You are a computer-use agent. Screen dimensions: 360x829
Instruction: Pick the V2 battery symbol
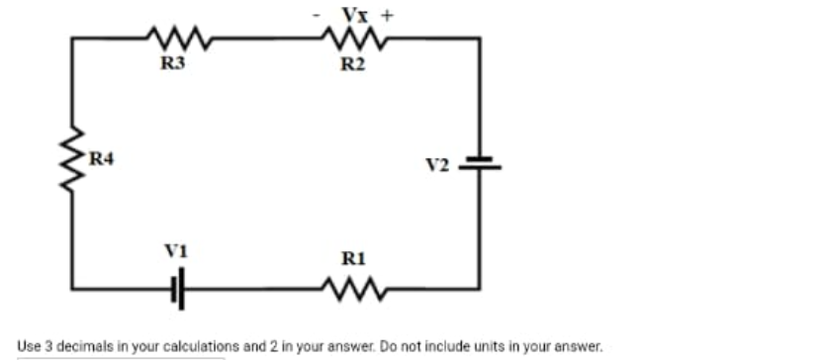[480, 163]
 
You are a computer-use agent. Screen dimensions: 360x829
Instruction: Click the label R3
[174, 65]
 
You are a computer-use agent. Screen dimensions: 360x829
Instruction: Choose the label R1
[353, 259]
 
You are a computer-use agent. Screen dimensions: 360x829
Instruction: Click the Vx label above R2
[353, 14]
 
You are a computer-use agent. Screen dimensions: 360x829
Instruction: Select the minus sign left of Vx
[316, 15]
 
